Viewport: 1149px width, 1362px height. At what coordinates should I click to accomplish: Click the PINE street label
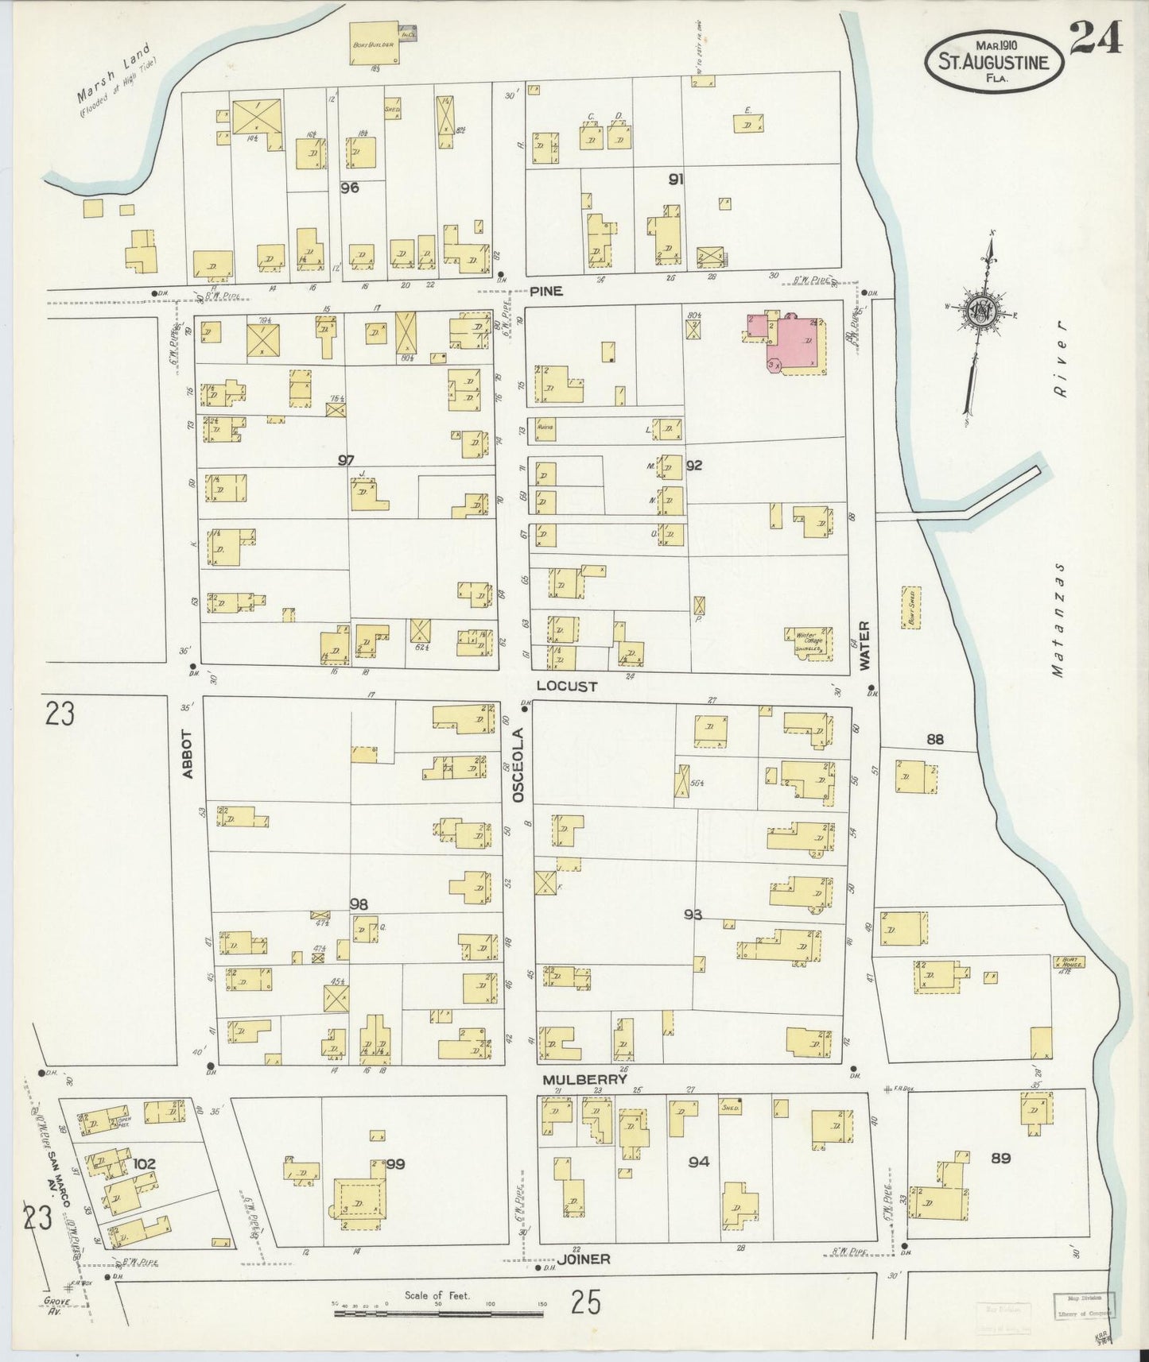(546, 292)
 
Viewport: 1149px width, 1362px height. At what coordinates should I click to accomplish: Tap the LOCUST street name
(565, 685)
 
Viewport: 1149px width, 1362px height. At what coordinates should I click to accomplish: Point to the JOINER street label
(583, 1259)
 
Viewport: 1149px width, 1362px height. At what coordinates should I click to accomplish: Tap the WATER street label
(864, 646)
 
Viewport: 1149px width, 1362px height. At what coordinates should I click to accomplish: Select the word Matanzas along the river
(1058, 620)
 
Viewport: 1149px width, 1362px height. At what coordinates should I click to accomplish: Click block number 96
(349, 188)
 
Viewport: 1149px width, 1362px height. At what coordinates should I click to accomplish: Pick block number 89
(1000, 1158)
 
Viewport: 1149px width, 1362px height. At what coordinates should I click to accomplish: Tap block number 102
(144, 1164)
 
